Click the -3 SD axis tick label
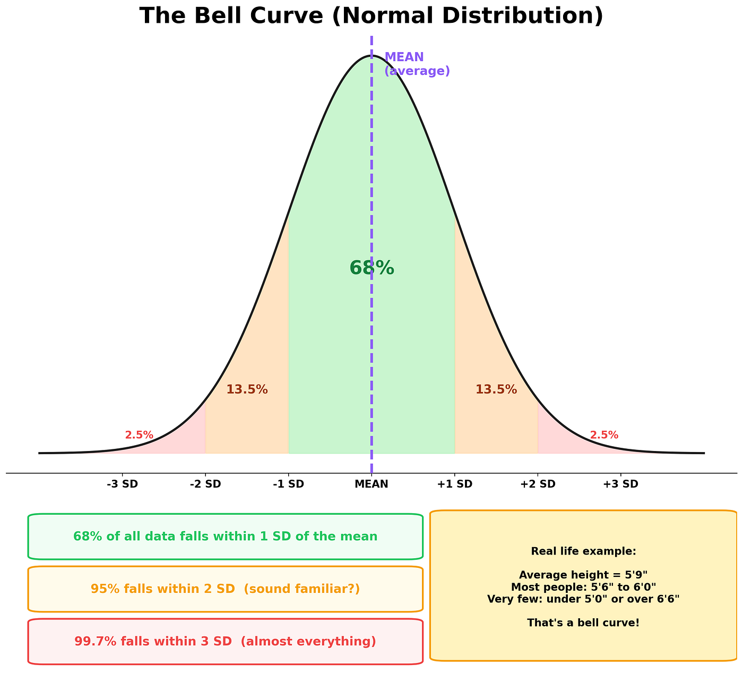(x=122, y=484)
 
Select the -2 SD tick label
(x=205, y=484)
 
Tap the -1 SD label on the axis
(x=289, y=484)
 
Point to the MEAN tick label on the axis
(x=371, y=484)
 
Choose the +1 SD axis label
(x=454, y=484)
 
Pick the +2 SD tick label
(x=538, y=484)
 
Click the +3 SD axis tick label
(x=621, y=484)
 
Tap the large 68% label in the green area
(x=371, y=268)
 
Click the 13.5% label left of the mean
(x=247, y=389)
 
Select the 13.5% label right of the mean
(x=496, y=389)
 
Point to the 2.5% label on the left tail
(x=139, y=435)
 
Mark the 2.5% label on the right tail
(x=604, y=435)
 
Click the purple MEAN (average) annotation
(x=417, y=64)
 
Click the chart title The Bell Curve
(x=371, y=15)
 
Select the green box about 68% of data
(x=225, y=537)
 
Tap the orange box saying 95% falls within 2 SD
(x=225, y=589)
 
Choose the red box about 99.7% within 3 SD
(x=225, y=641)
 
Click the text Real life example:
(x=583, y=551)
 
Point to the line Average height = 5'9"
(x=583, y=575)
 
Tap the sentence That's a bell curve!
(x=583, y=623)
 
